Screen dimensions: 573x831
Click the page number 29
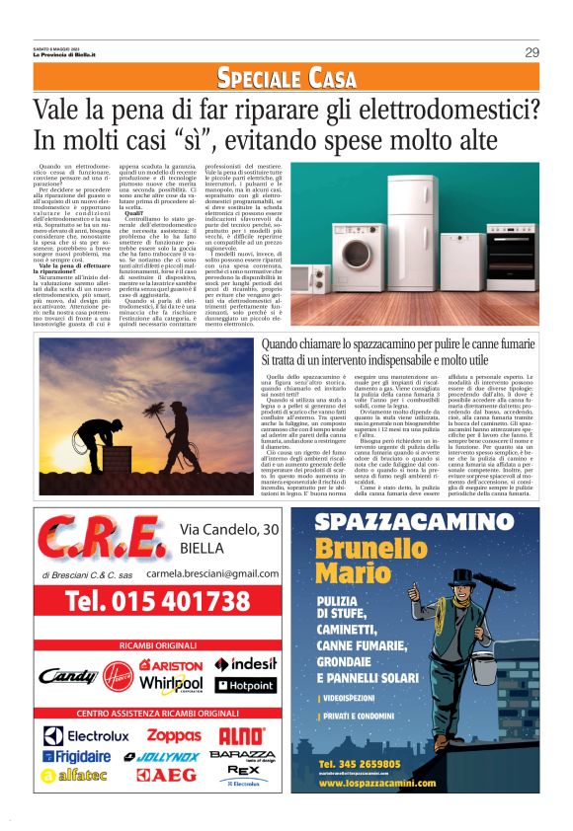532,52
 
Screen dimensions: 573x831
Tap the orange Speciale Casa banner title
286,78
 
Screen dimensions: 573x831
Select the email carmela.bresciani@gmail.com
228,572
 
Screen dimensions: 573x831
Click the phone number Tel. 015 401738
157,601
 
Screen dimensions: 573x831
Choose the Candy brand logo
69,678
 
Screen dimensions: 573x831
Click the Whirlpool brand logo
172,684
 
